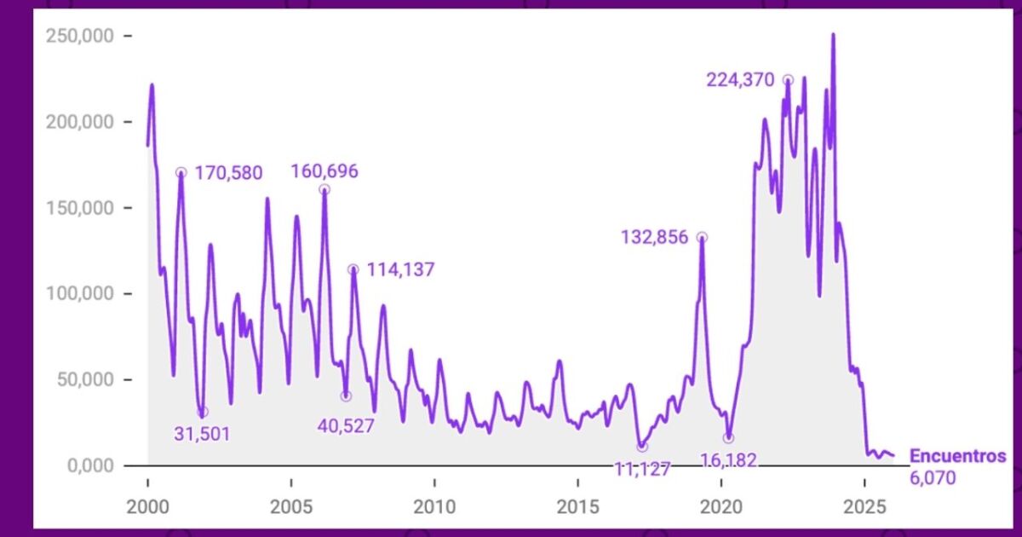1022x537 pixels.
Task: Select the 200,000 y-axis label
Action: click(x=78, y=122)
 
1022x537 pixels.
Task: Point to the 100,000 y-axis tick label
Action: click(x=78, y=294)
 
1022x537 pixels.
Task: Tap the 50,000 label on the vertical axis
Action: click(x=83, y=380)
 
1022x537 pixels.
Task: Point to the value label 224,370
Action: click(x=740, y=81)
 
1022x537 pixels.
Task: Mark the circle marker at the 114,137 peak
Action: click(x=353, y=269)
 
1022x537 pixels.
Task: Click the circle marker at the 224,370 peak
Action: click(x=788, y=80)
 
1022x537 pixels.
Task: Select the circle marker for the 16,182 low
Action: click(x=728, y=438)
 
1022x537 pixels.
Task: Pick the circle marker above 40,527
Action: click(x=346, y=396)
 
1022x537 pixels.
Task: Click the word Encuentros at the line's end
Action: click(x=957, y=456)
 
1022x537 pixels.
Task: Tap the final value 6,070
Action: click(x=933, y=477)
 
